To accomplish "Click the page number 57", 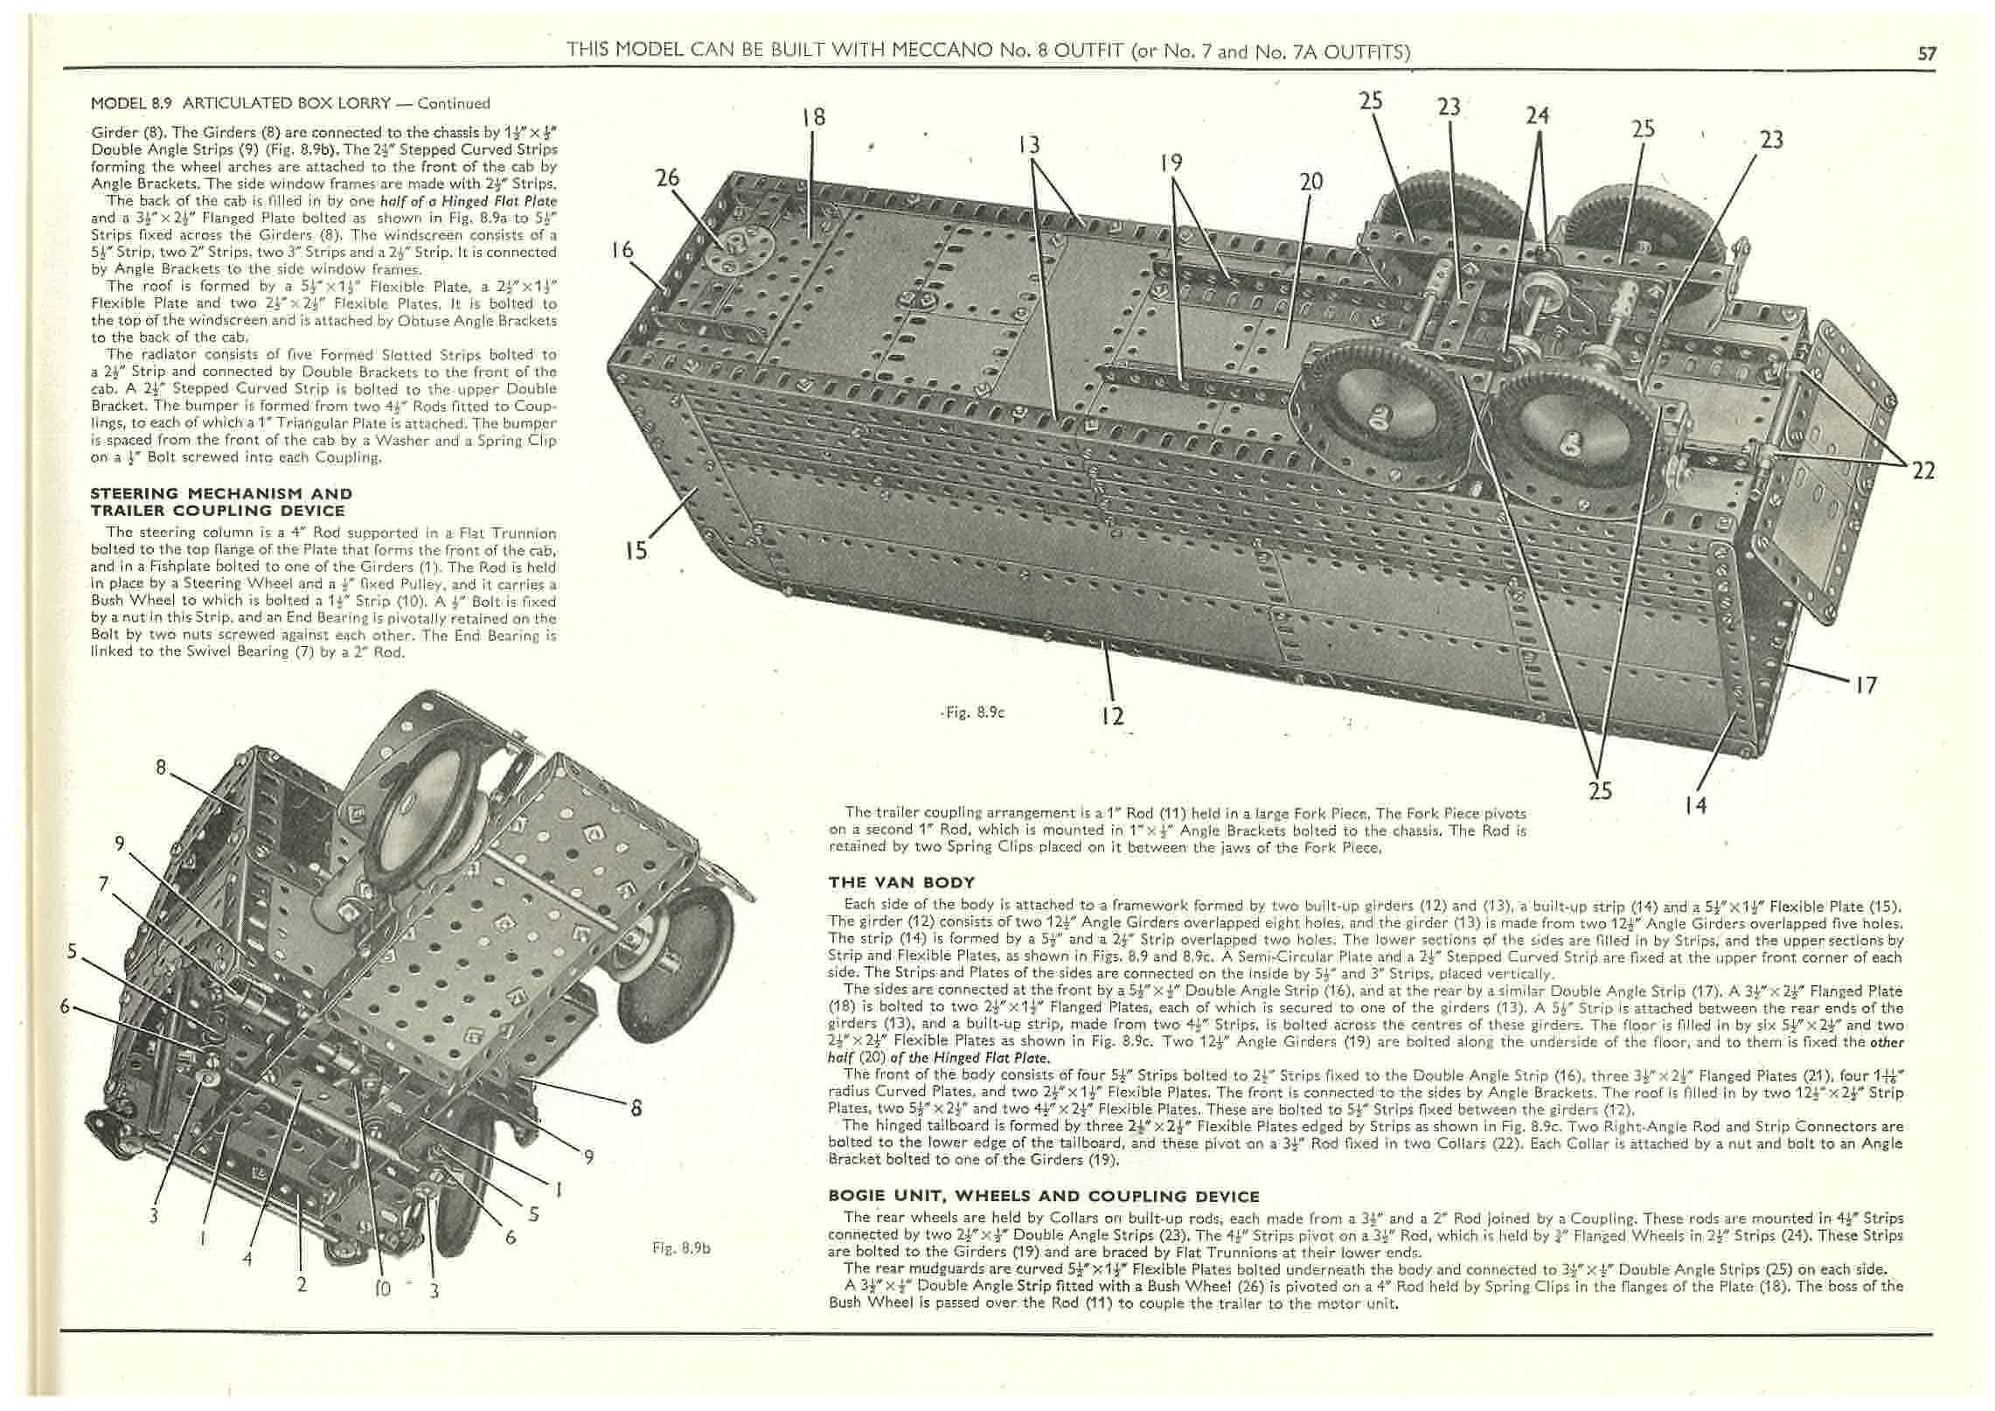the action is [1927, 53].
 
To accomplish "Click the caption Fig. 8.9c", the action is [979, 712].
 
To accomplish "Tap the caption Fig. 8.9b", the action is [682, 1248].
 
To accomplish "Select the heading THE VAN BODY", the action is [901, 882].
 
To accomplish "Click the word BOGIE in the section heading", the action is [858, 1196].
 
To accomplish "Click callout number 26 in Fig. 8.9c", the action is [668, 178].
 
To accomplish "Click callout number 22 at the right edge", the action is [1923, 470].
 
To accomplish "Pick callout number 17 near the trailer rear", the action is [1866, 685].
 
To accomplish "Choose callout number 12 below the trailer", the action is [1112, 716].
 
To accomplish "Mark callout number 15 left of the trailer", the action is [637, 550].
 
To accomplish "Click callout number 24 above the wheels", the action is [1538, 115].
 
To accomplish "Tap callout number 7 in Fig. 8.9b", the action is [104, 884].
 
